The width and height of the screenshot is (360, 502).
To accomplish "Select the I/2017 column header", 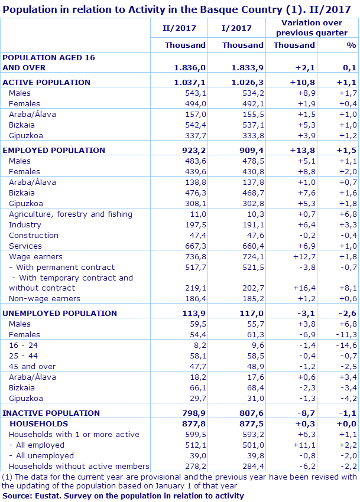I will pyautogui.click(x=236, y=28).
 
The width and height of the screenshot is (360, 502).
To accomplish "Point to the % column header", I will pyautogui.click(x=351, y=45).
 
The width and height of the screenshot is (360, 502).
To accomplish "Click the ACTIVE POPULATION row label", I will pyautogui.click(x=47, y=82).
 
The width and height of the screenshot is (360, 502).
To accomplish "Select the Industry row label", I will pyautogui.click(x=25, y=224).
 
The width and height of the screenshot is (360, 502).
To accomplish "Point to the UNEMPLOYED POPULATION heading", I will pyautogui.click(x=60, y=313).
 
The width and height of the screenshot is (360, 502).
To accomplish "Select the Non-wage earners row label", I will pyautogui.click(x=44, y=299).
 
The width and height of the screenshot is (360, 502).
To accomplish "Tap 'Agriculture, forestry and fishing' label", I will pyautogui.click(x=70, y=214).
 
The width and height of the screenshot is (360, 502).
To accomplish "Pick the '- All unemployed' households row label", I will pyautogui.click(x=41, y=455).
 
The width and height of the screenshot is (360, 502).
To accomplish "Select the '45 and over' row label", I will pyautogui.click(x=33, y=366).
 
